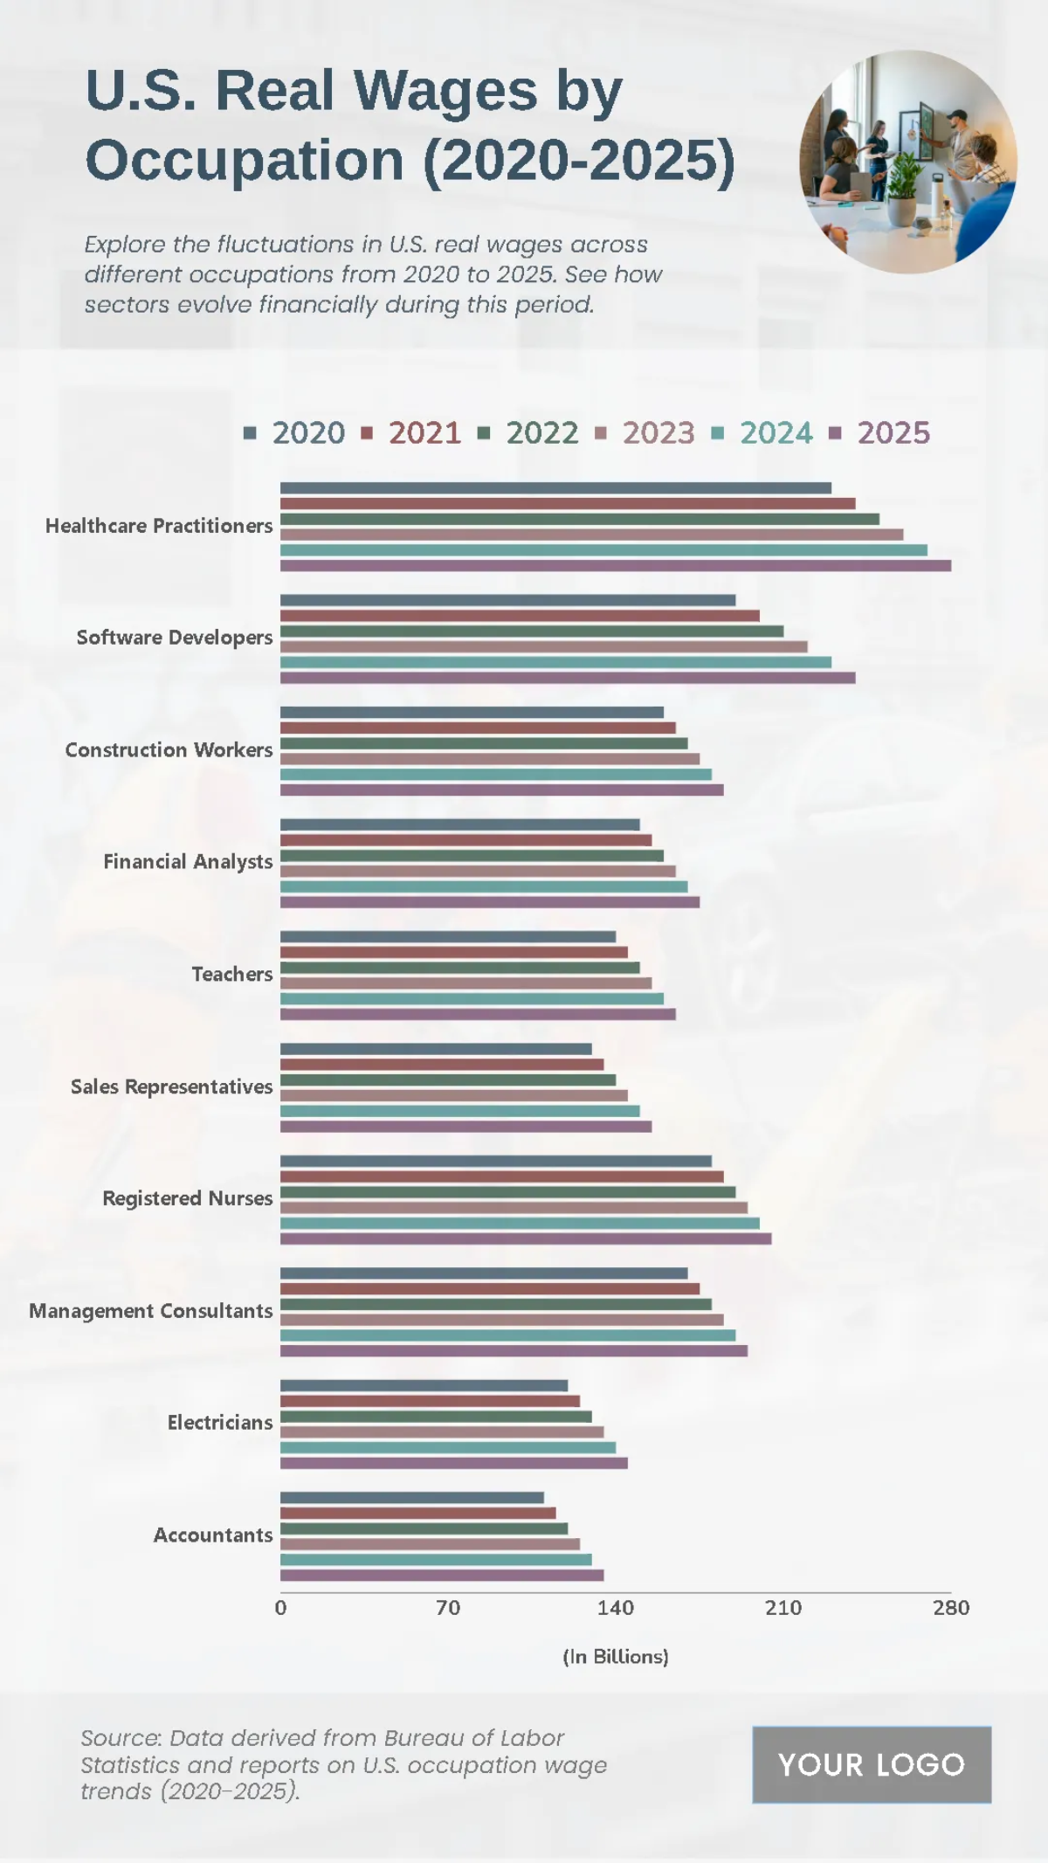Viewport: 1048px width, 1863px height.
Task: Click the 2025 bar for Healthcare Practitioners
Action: [615, 566]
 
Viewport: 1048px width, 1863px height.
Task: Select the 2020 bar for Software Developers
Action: [507, 601]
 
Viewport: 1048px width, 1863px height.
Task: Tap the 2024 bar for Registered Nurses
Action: [520, 1224]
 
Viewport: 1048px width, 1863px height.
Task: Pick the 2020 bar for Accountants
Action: [411, 1498]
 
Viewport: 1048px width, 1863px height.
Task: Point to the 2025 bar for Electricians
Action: [453, 1463]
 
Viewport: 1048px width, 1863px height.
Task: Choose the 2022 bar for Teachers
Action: [459, 968]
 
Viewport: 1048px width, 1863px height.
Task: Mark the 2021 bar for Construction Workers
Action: [478, 728]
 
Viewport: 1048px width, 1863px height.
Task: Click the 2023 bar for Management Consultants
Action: [501, 1320]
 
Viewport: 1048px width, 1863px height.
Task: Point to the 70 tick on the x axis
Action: [448, 1608]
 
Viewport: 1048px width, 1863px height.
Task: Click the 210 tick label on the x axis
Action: [783, 1608]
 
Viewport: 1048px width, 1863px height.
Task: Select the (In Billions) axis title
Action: [616, 1657]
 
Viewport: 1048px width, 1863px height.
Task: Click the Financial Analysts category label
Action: [188, 862]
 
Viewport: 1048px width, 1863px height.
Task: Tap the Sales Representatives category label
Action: [171, 1087]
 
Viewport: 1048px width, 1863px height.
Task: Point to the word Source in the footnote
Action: [120, 1738]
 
